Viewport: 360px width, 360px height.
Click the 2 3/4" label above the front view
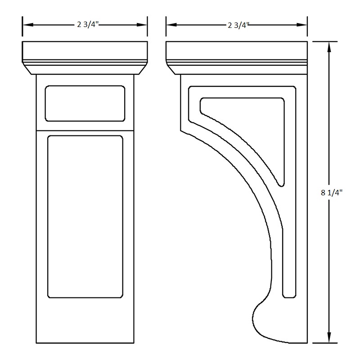pyautogui.click(x=85, y=25)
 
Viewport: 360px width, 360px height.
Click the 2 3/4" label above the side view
pyautogui.click(x=237, y=25)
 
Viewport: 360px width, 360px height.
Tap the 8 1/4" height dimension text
pyautogui.click(x=332, y=193)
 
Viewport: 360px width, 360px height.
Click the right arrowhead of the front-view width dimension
pyautogui.click(x=144, y=25)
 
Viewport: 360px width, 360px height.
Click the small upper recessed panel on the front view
pyautogui.click(x=85, y=103)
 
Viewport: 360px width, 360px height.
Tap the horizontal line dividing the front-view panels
pyautogui.click(x=85, y=130)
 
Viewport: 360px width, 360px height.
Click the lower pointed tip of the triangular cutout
pyautogui.click(x=282, y=184)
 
